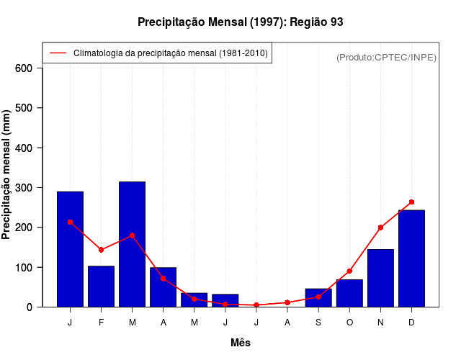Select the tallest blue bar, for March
pos(132,244)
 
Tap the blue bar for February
pos(101,286)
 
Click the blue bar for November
pos(380,277)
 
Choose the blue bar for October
pos(349,293)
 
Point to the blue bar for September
pos(318,297)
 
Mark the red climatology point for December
pos(411,202)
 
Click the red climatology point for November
pos(380,228)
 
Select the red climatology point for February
pos(101,250)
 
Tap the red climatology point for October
pos(349,271)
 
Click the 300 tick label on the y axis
pos(24,188)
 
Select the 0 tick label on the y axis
pos(30,307)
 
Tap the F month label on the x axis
pos(101,323)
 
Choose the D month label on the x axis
pos(411,323)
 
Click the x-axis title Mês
pos(241,343)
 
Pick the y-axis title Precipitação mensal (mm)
pos(7,175)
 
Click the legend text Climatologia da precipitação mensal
pos(171,53)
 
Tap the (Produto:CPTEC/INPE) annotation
pos(386,57)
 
